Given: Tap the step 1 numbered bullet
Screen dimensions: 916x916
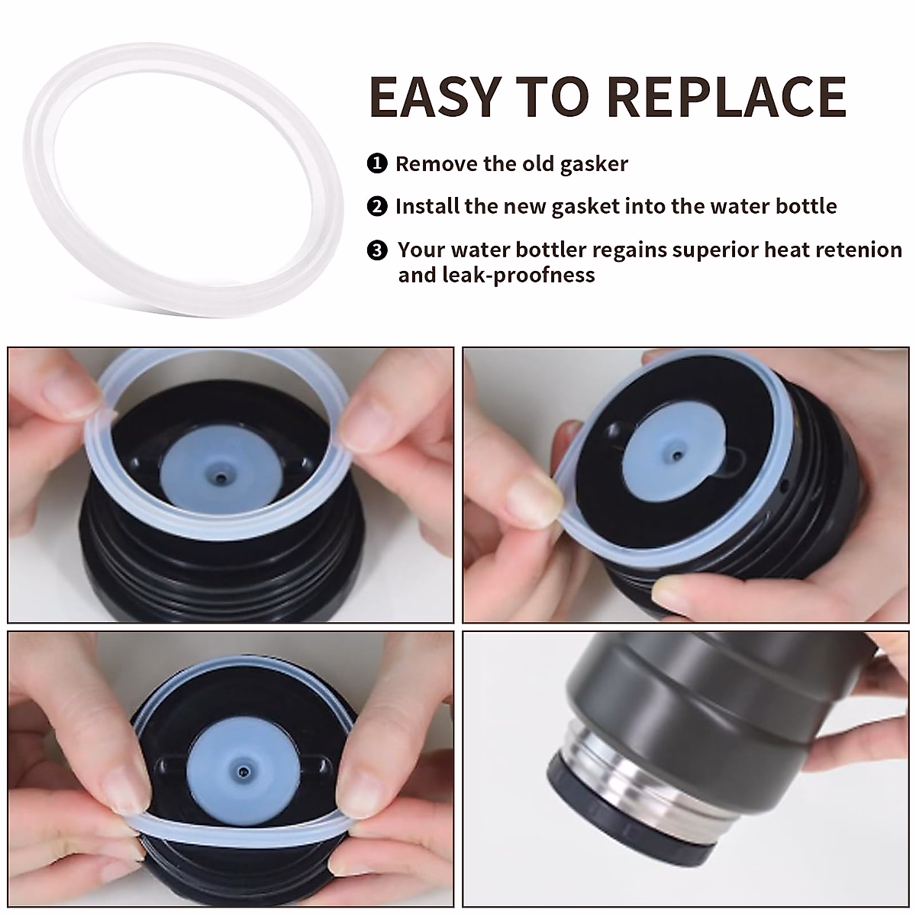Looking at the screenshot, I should [x=376, y=164].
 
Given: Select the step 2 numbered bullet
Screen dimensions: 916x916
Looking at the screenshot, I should [x=376, y=207].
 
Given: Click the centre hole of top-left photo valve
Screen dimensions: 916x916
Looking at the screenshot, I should [x=221, y=477].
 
